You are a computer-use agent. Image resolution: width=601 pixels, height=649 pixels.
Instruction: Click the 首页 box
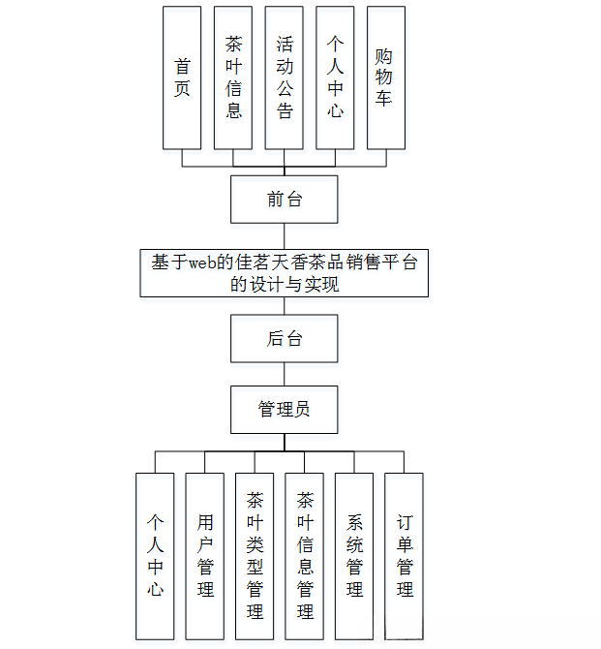182,78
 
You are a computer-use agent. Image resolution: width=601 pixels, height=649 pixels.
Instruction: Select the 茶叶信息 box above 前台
233,78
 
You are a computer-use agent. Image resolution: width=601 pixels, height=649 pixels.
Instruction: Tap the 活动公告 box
285,78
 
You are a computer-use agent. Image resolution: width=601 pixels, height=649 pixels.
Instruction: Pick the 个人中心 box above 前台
335,78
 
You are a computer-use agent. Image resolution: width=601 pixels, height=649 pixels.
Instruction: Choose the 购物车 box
385,78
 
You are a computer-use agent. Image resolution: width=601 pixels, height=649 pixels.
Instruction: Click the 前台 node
284,200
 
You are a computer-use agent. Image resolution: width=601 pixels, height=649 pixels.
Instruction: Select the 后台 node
284,339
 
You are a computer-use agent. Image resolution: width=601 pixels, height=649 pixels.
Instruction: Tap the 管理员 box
284,410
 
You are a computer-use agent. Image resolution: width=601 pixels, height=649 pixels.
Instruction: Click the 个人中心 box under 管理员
155,556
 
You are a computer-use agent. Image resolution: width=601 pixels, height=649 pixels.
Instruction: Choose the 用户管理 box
205,556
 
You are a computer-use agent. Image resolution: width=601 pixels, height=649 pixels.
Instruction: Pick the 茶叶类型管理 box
255,556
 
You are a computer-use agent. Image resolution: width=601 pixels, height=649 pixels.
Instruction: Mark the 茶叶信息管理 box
305,556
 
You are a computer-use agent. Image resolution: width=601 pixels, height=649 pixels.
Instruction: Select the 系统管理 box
354,556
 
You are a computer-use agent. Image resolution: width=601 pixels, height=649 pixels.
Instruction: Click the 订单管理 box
405,556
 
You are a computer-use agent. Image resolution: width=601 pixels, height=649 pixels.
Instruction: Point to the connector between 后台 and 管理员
284,374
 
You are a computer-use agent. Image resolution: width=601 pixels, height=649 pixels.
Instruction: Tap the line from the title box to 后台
284,305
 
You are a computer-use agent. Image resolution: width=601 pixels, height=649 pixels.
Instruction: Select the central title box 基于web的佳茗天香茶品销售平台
284,272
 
